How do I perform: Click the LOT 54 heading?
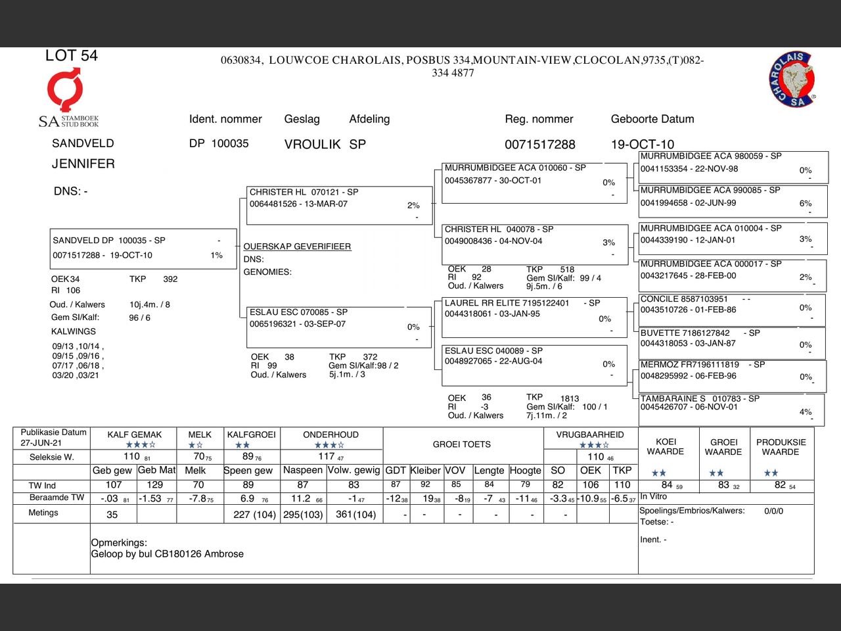pyautogui.click(x=71, y=56)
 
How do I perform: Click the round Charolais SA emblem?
pyautogui.click(x=792, y=80)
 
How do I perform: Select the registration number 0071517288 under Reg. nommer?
pyautogui.click(x=539, y=145)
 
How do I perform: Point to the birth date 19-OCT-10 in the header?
pyautogui.click(x=642, y=145)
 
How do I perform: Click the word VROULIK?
pyautogui.click(x=312, y=145)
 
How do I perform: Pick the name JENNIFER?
pyautogui.click(x=83, y=164)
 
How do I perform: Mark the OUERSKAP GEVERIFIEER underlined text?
pyautogui.click(x=297, y=246)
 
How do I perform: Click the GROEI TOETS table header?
pyautogui.click(x=461, y=444)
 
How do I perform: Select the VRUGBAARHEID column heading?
pyautogui.click(x=589, y=434)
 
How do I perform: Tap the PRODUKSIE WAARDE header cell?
pyautogui.click(x=781, y=447)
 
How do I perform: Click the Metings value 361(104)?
pyautogui.click(x=355, y=515)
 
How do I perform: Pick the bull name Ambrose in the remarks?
pyautogui.click(x=223, y=554)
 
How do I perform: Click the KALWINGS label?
pyautogui.click(x=74, y=331)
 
